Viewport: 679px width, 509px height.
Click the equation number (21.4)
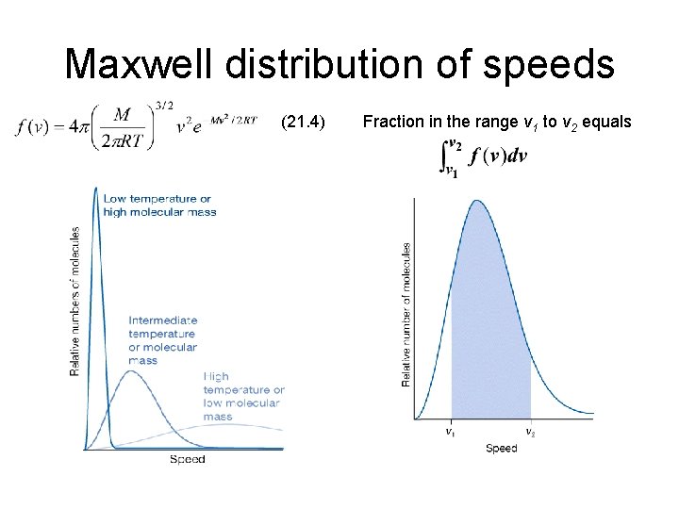pyautogui.click(x=304, y=122)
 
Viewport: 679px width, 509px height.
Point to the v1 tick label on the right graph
pyautogui.click(x=451, y=433)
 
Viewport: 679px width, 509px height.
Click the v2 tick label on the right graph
pyautogui.click(x=530, y=433)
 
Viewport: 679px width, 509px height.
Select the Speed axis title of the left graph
pyautogui.click(x=187, y=459)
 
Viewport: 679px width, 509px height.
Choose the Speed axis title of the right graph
pyautogui.click(x=501, y=449)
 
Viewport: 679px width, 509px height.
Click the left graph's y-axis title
pyautogui.click(x=75, y=300)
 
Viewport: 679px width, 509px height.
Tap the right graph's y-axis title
pyautogui.click(x=406, y=314)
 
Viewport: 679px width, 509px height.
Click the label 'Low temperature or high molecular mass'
pyautogui.click(x=159, y=205)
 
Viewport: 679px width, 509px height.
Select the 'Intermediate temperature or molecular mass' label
pyautogui.click(x=162, y=339)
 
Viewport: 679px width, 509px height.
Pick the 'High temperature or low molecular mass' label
pyautogui.click(x=242, y=396)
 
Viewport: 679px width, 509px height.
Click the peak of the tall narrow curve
pyautogui.click(x=96, y=189)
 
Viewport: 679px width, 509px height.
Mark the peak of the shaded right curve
pyautogui.click(x=478, y=201)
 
